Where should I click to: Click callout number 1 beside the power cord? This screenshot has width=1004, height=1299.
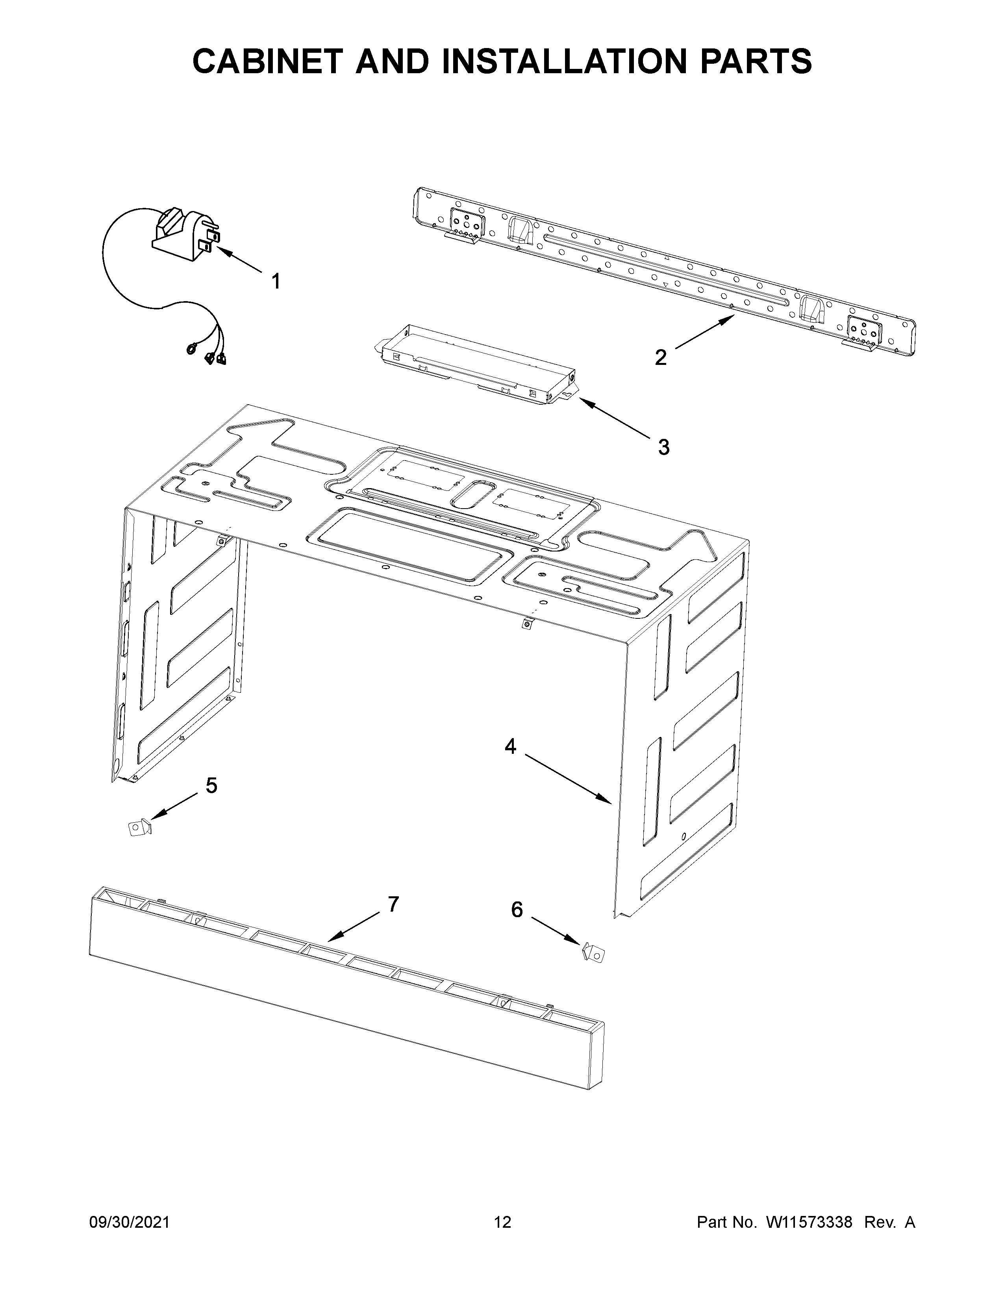[275, 282]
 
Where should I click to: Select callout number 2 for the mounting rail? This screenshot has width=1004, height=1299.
[661, 357]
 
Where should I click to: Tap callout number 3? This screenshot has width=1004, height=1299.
[664, 447]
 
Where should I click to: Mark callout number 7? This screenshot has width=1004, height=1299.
[393, 904]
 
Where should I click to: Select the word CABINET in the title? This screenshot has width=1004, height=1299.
[269, 61]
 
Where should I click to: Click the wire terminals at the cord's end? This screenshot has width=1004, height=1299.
[209, 355]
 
